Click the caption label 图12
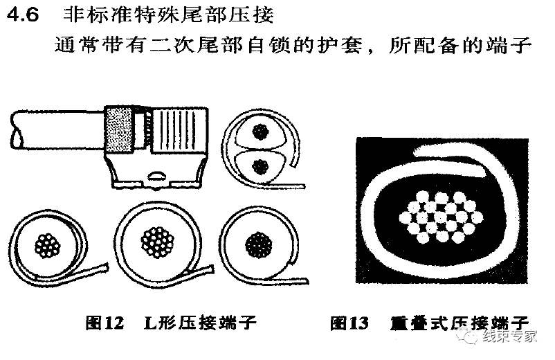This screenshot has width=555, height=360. click(104, 323)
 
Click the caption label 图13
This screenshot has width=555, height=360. click(350, 323)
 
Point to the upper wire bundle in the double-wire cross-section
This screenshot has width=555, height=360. click(261, 131)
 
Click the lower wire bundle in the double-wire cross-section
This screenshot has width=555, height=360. click(261, 165)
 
